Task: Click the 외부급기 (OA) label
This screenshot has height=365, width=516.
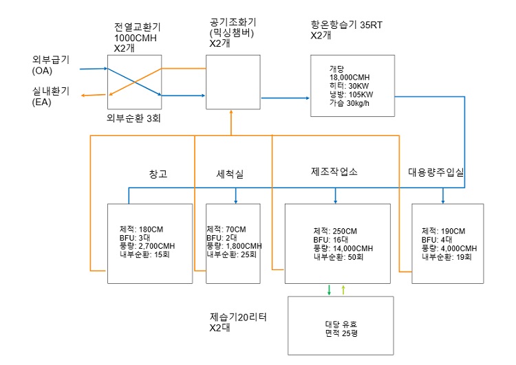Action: tap(51, 65)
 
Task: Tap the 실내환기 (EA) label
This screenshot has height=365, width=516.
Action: tap(51, 96)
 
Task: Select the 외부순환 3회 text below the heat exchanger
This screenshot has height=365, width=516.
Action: tap(133, 118)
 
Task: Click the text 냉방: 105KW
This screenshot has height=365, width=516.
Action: tap(351, 95)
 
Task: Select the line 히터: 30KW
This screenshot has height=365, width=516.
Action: tap(349, 86)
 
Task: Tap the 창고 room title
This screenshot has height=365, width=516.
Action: tap(158, 174)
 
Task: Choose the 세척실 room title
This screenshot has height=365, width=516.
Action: tap(230, 174)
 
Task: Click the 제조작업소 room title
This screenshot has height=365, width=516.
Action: tap(334, 171)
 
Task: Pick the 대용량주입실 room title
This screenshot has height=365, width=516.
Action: tap(436, 172)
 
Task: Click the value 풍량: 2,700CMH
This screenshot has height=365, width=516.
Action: tap(147, 246)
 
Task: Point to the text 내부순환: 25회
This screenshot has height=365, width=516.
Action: tap(231, 254)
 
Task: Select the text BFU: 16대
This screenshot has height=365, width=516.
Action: tap(331, 240)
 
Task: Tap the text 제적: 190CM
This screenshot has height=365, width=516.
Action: tap(443, 231)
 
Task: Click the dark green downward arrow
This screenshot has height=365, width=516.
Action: tap(329, 289)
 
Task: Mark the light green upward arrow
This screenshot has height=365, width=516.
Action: tap(343, 289)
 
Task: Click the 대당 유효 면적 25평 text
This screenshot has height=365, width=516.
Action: tap(341, 329)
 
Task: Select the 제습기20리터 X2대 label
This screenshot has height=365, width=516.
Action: tap(238, 322)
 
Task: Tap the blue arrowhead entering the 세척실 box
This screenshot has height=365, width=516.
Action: tap(235, 201)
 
